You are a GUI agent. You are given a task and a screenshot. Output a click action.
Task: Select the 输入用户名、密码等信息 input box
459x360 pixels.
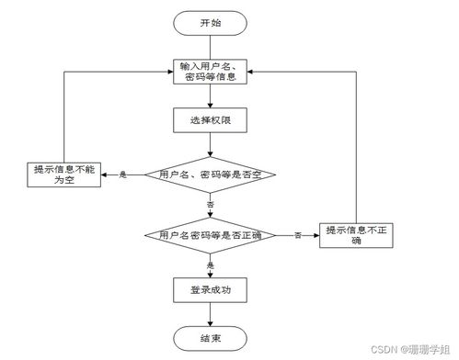(211, 70)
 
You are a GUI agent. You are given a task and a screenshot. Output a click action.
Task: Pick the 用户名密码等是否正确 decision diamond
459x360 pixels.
(211, 236)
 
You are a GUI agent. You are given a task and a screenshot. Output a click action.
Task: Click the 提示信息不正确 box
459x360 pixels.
(357, 235)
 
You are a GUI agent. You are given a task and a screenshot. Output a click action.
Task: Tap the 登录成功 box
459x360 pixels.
(211, 291)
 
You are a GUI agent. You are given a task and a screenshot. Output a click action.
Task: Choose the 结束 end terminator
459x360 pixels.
(211, 340)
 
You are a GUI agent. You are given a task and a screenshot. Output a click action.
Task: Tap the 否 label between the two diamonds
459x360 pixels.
(211, 203)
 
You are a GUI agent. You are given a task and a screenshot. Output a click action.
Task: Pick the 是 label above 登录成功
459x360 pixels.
(211, 264)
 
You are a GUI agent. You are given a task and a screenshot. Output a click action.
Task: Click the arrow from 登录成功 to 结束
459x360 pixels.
(211, 316)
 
